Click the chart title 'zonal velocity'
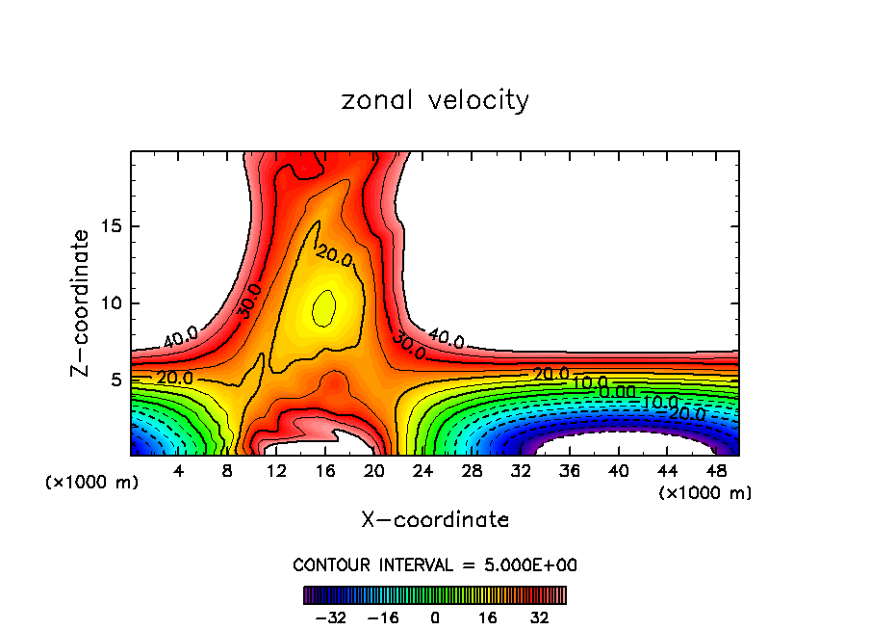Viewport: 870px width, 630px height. point(435,100)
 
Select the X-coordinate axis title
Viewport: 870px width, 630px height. point(435,520)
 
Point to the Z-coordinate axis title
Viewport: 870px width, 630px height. point(82,302)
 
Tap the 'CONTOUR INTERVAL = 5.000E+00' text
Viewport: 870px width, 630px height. point(435,564)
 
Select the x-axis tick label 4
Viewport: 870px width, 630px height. point(179,471)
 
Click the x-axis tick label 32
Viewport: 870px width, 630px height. point(521,471)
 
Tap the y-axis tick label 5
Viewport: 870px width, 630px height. point(117,380)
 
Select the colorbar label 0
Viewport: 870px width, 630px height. point(435,617)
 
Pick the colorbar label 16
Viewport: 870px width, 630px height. point(487,617)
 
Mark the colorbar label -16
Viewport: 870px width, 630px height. point(383,617)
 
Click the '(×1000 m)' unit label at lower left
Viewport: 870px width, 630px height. point(91,483)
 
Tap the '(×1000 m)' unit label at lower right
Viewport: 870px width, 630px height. point(704,492)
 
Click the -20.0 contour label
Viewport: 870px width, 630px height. point(685,413)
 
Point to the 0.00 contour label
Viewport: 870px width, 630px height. point(616,391)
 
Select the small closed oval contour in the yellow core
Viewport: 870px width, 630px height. point(324,308)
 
